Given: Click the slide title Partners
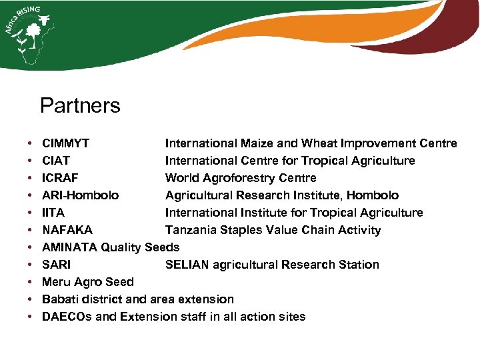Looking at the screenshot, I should [x=80, y=105].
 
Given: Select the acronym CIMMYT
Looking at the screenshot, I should [x=66, y=143].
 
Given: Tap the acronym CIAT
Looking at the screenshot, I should [x=56, y=161].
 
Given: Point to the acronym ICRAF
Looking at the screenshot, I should [x=60, y=178].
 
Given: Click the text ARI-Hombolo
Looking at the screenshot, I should [x=81, y=195].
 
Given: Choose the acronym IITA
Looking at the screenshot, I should [x=53, y=213].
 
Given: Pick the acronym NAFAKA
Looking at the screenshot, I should [x=67, y=230].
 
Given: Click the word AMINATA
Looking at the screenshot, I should [x=69, y=247].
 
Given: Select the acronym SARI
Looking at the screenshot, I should [x=56, y=265].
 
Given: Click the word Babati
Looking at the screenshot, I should [x=59, y=299].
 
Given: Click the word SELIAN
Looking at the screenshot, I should [x=187, y=265].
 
